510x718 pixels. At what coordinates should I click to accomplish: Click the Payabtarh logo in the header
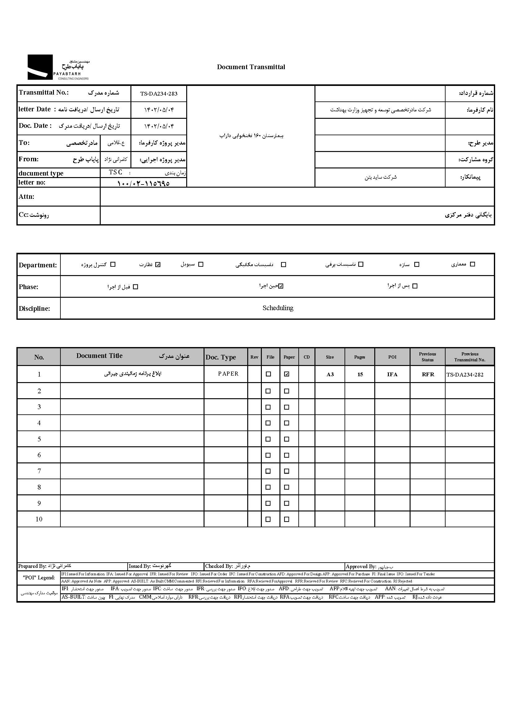coord(58,67)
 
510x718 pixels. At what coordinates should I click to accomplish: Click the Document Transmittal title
coord(251,67)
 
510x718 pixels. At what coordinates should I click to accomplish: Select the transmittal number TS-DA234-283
coord(159,94)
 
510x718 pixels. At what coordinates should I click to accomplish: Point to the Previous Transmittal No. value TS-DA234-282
coord(465,374)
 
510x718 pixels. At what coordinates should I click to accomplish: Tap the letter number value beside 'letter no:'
coord(143,183)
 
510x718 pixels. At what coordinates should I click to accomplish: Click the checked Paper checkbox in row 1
coord(286,374)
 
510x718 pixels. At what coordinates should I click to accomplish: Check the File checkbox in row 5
coord(268,439)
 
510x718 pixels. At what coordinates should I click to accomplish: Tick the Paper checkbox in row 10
coord(286,519)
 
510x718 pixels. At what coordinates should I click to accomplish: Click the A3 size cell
coord(330,374)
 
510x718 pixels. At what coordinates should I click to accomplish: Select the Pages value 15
coord(360,374)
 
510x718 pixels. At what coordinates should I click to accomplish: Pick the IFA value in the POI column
coord(392,374)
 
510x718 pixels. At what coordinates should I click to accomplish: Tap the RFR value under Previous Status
coord(428,374)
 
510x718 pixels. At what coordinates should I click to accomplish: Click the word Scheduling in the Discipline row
coord(278,308)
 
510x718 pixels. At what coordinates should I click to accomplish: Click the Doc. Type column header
coord(221,357)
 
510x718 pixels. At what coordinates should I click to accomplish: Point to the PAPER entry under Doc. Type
coord(228,374)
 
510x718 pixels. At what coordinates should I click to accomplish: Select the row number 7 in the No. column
coord(39,471)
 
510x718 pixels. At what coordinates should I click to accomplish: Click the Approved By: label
coord(361,566)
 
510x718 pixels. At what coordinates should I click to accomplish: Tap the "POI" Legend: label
coord(39,578)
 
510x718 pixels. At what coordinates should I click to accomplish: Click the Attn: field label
coord(26,197)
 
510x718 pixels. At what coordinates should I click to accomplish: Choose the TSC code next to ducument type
coord(116,172)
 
